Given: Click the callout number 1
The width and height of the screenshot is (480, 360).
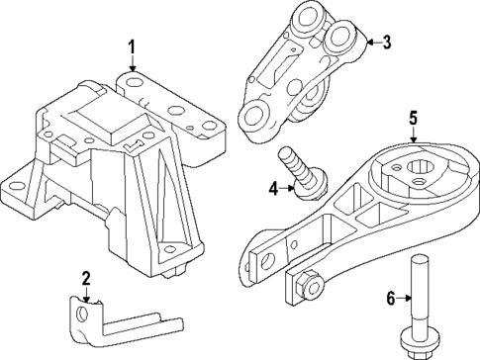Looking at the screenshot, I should pyautogui.click(x=130, y=46).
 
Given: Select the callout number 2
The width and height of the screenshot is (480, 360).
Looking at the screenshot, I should pyautogui.click(x=86, y=278).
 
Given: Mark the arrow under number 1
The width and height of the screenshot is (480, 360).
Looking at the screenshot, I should pyautogui.click(x=130, y=64).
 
